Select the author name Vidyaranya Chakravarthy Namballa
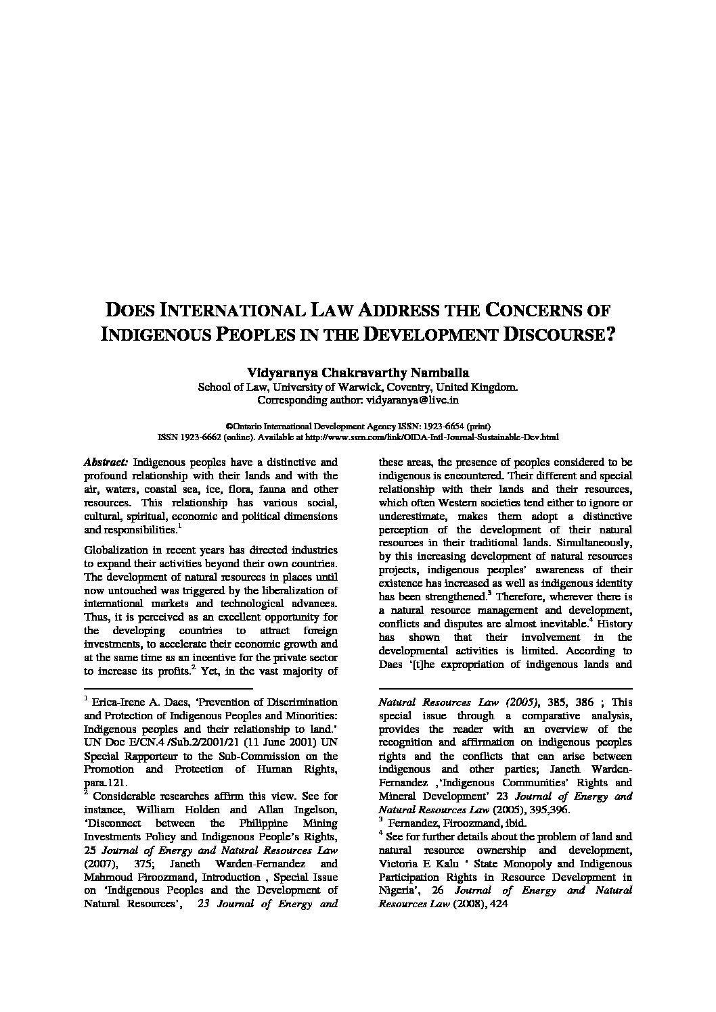(x=358, y=372)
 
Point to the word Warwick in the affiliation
(x=371, y=387)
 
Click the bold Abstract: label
(x=105, y=462)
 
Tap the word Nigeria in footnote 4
(x=397, y=891)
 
